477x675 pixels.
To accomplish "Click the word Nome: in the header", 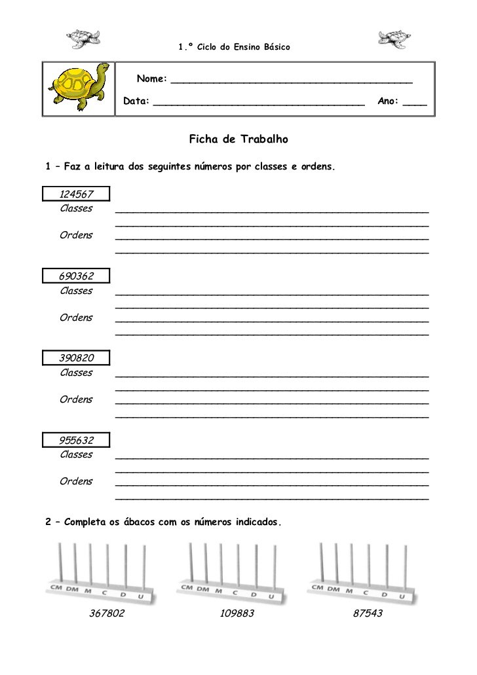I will (x=151, y=79).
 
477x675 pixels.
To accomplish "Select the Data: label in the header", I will (x=136, y=101).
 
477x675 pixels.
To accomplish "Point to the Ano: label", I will (x=389, y=101).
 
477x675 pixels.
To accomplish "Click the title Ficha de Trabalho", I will (x=238, y=139).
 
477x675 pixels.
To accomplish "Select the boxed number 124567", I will (x=76, y=194).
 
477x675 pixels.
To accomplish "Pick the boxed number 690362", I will (x=76, y=276).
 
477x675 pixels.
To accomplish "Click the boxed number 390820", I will (x=76, y=357).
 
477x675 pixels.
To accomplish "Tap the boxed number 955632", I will (x=76, y=439).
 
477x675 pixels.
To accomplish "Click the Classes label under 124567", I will (x=76, y=208).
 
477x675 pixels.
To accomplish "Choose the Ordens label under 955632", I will (x=76, y=481).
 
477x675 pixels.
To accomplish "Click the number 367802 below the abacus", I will (x=107, y=613).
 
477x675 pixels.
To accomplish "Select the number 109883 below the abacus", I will (x=237, y=613).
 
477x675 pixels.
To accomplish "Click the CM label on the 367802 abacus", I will (x=57, y=587).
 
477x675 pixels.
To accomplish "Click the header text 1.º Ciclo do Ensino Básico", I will (x=234, y=47).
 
